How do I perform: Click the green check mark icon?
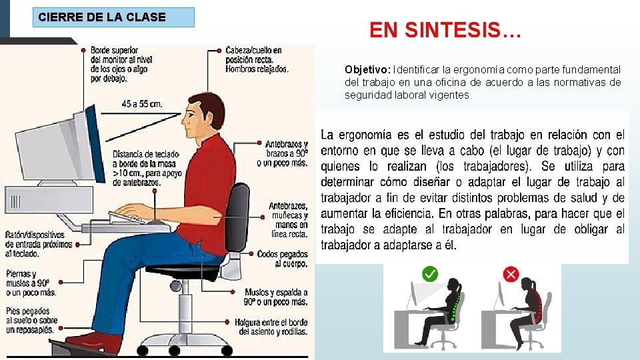pos(430,273)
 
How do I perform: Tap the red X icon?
pos(511,274)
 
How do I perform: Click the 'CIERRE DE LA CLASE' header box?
pos(113,17)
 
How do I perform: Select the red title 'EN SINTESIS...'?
pos(445,30)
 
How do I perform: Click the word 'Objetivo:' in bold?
pos(367,69)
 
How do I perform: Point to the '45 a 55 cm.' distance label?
pos(141,104)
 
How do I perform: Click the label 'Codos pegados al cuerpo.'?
pos(283,259)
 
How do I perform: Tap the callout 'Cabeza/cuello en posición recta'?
pos(257,59)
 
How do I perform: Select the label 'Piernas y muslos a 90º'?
pos(31,283)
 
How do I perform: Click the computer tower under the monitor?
pos(49,200)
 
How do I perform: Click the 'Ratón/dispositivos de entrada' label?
pos(39,244)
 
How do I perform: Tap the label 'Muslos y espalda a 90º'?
pos(275,297)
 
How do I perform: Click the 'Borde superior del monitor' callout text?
pos(121,65)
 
